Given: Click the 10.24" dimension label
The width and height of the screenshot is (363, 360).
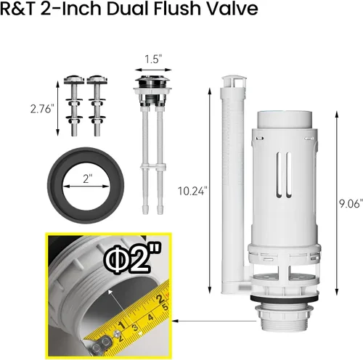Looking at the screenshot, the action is point(192,191).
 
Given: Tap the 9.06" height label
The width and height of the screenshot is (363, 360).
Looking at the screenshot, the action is point(351,203).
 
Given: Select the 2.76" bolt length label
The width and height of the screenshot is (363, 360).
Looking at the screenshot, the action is point(41,109).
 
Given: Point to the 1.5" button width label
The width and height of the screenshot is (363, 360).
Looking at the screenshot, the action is point(153,60).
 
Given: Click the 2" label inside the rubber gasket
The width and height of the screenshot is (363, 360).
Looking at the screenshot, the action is point(86,179).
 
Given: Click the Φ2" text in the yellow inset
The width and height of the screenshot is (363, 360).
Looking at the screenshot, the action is point(132,259).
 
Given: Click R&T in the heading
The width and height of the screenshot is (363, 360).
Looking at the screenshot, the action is point(18,9).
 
